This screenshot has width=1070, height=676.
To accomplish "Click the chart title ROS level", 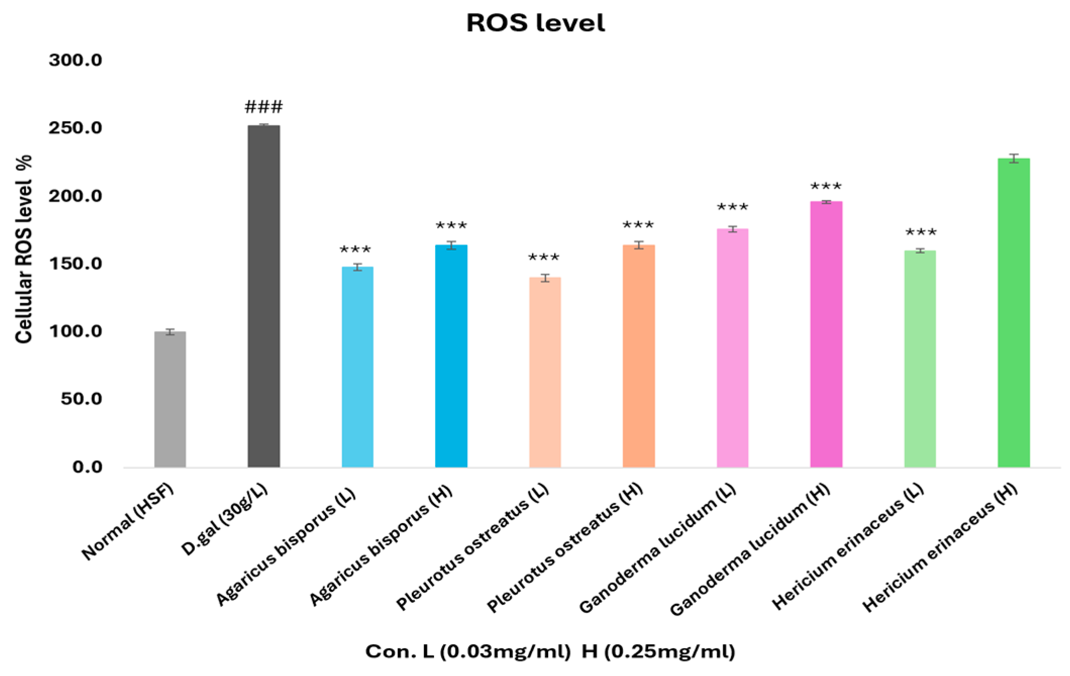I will click(x=535, y=23).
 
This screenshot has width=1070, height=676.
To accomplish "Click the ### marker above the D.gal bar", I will click(x=263, y=107).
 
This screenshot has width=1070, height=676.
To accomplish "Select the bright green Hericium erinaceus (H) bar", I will click(x=1013, y=313).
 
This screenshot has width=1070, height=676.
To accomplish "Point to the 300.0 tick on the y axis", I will click(x=75, y=61).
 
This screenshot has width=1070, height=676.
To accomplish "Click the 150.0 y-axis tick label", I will click(x=75, y=264).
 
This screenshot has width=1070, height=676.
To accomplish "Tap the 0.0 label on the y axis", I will click(x=87, y=467).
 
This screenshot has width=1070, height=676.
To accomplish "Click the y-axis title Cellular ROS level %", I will click(x=23, y=249).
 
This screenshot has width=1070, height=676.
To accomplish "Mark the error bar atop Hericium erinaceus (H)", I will click(x=1013, y=158).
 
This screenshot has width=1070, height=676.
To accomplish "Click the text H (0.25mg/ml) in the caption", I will click(x=658, y=652).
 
